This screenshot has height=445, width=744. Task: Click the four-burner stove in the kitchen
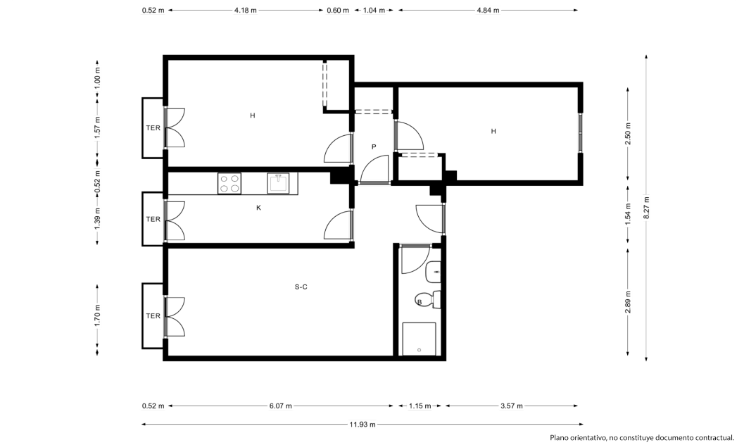point(229,183)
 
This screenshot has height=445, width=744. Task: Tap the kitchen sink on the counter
point(278,183)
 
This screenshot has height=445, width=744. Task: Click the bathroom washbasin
point(433,272)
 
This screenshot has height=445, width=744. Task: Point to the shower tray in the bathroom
point(419,339)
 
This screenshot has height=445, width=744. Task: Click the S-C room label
point(301,287)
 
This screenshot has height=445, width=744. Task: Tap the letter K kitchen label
point(258,208)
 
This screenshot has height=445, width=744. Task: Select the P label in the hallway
point(374,147)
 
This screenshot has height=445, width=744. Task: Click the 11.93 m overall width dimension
point(362,425)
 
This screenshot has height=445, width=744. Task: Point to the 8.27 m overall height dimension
point(646,208)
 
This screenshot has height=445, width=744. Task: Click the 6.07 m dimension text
point(280,406)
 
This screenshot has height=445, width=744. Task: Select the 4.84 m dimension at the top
point(488,11)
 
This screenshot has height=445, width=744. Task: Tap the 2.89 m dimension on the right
point(628,302)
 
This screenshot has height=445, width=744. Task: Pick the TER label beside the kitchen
point(153,219)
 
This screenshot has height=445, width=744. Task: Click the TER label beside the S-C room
point(153,316)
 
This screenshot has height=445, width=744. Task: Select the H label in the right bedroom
point(493,132)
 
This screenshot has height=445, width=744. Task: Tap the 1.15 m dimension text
point(420,406)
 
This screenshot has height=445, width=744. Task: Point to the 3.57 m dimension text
point(512,406)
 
